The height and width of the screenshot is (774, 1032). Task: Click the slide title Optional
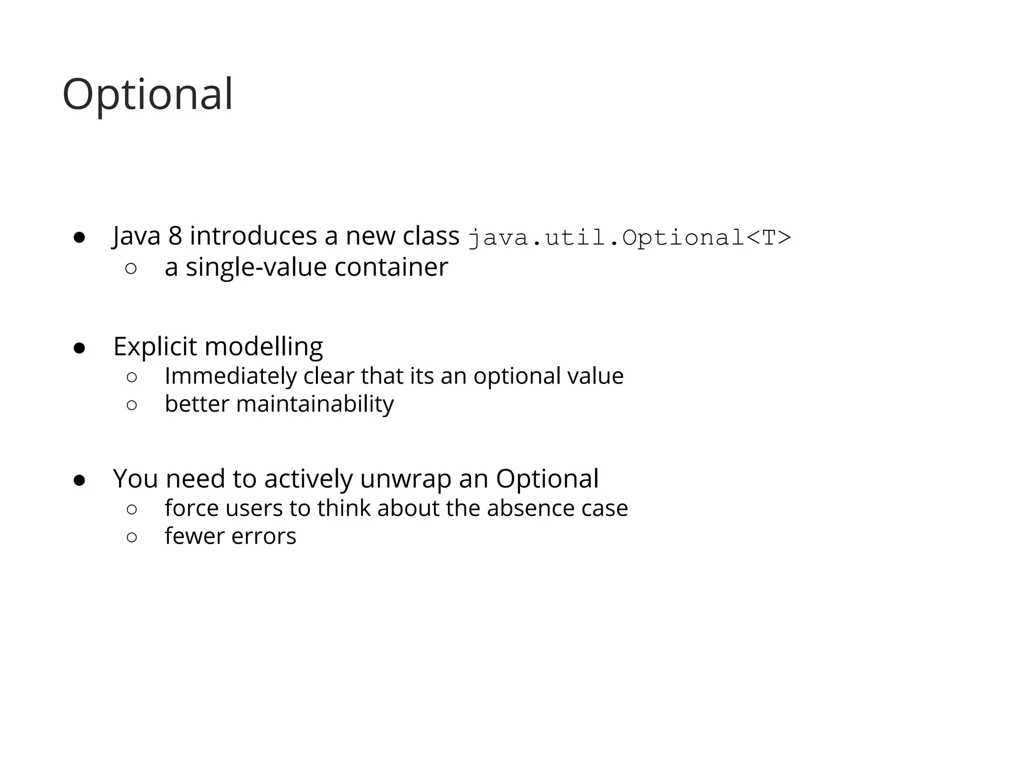click(147, 95)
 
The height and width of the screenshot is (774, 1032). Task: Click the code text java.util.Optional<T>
click(629, 237)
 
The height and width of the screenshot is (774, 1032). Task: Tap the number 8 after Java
click(175, 236)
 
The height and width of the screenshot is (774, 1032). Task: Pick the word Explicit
click(155, 347)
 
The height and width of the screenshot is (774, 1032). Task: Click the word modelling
click(264, 347)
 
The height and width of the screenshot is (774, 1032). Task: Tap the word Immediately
click(230, 376)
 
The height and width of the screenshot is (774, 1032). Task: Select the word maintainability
click(314, 404)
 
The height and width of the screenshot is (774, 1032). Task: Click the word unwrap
click(405, 479)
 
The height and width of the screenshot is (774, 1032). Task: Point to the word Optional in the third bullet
click(547, 479)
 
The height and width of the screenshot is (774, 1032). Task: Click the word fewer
click(195, 536)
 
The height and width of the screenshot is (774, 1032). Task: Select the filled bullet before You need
click(79, 481)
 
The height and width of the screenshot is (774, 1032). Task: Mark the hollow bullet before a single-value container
click(131, 269)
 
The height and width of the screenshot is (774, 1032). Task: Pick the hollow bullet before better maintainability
click(132, 405)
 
